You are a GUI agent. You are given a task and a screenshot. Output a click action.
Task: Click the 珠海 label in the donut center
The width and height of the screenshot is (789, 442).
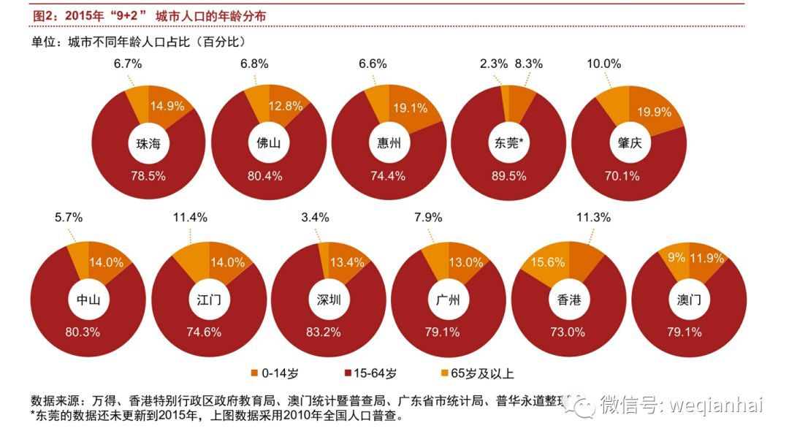(x=148, y=143)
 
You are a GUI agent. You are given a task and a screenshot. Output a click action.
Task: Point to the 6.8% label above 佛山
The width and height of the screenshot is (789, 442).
(x=254, y=64)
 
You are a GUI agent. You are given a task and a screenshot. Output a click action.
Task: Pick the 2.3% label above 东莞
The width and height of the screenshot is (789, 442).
(x=493, y=64)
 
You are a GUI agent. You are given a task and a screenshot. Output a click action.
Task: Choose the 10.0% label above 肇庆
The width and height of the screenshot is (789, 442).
(x=604, y=64)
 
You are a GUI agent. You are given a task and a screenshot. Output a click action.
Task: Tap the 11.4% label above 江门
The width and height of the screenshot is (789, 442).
(x=190, y=217)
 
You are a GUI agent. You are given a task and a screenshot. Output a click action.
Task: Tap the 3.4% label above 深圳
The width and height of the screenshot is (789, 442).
(x=315, y=217)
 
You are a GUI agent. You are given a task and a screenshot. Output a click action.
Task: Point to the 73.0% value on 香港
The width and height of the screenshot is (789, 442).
(x=567, y=332)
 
